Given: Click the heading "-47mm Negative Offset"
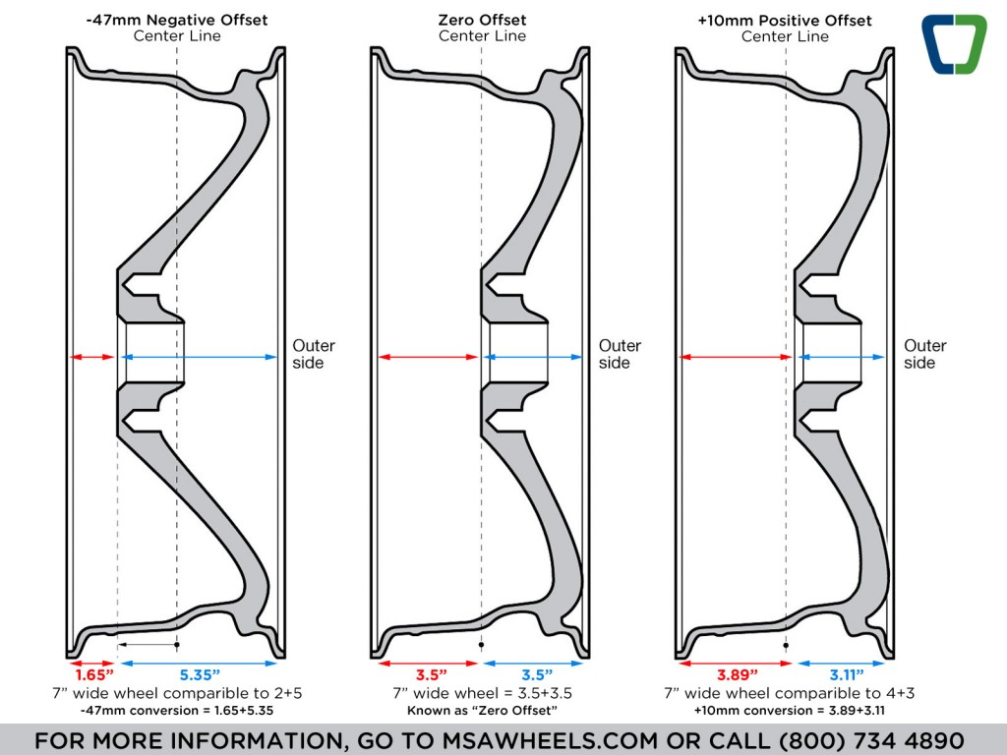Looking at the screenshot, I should click(177, 20).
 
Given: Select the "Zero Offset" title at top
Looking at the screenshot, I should click(482, 20).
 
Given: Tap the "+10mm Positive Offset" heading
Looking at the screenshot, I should click(785, 20).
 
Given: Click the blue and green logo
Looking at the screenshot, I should click(953, 44).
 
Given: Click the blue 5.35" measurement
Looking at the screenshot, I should click(199, 674).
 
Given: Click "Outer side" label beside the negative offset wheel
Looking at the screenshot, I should click(313, 354).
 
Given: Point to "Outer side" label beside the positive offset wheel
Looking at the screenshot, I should click(924, 354).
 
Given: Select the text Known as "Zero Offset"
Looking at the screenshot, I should click(482, 710).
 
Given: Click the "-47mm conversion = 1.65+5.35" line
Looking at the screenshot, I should click(177, 710).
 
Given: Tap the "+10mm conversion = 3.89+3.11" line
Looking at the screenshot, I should click(785, 710).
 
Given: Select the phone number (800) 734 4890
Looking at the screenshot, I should click(871, 740).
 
